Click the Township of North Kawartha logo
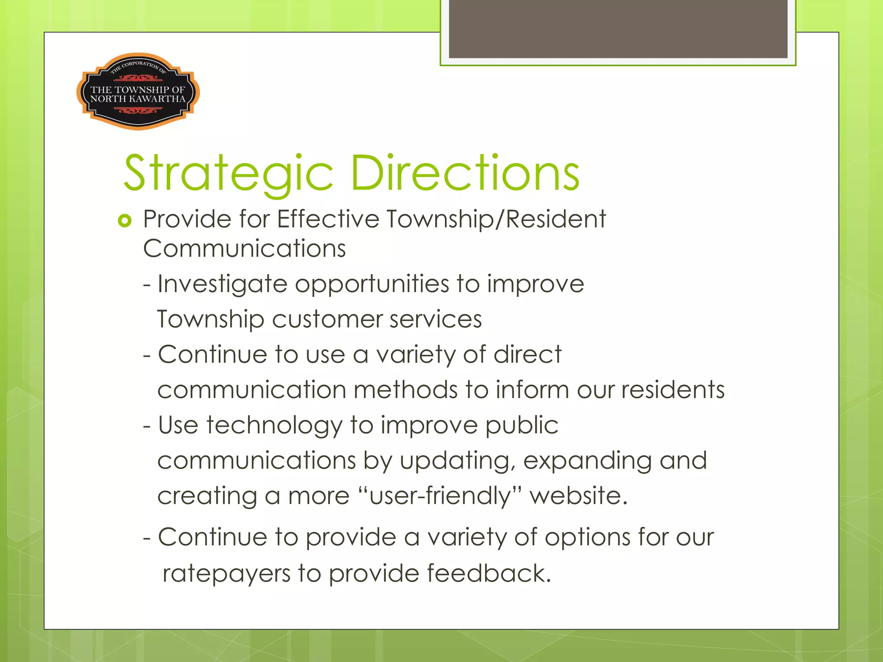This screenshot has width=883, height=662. pyautogui.click(x=138, y=91)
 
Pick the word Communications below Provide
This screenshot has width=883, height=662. pyautogui.click(x=244, y=249)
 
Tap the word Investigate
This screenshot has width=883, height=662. pyautogui.click(x=222, y=284)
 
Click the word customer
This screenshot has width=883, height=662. pyautogui.click(x=327, y=320)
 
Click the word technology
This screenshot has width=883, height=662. pyautogui.click(x=274, y=426)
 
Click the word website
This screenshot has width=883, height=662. pyautogui.click(x=578, y=496)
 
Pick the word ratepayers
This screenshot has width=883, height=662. pyautogui.click(x=226, y=574)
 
